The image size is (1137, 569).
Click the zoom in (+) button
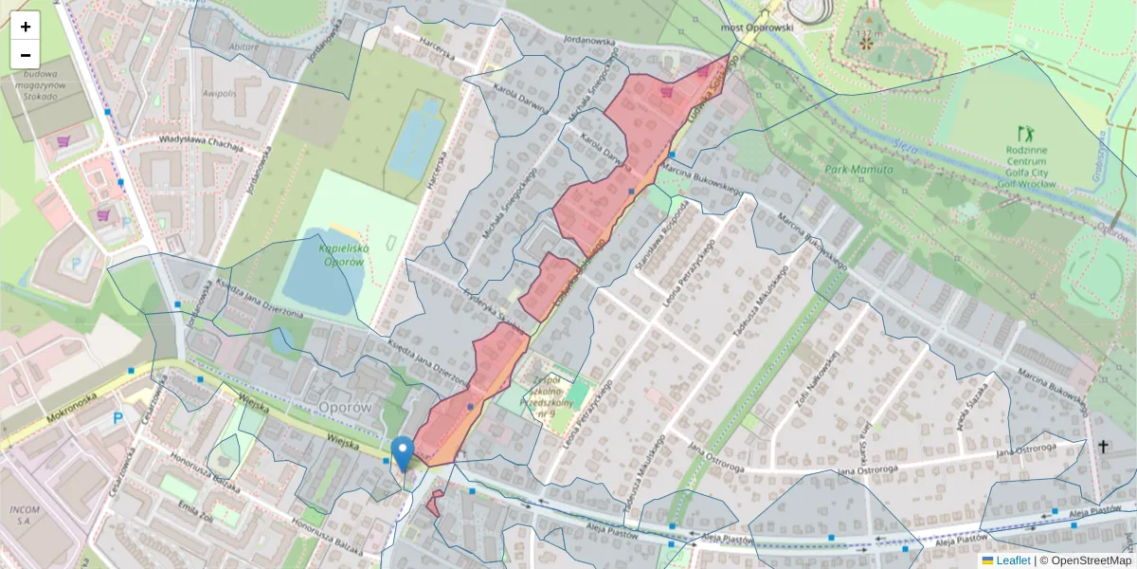(26, 27)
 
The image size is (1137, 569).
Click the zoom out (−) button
(26, 54)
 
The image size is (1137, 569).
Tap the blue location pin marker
(403, 453)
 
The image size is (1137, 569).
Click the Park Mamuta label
(858, 169)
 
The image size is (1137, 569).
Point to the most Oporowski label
(756, 28)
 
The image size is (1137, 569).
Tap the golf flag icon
(1023, 133)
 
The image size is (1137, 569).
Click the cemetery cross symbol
(1103, 445)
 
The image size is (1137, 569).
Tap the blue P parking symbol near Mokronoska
(118, 417)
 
